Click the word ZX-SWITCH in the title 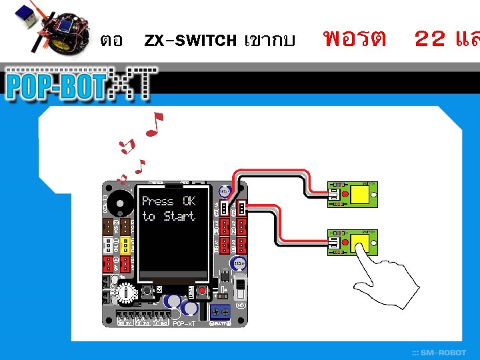click(190, 40)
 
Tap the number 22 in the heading click(431, 39)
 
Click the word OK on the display click(189, 201)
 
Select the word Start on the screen click(179, 216)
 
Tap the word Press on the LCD click(158, 201)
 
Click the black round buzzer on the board click(119, 201)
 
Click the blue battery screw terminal click(221, 313)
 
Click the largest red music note click(155, 125)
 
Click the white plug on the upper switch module click(333, 194)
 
